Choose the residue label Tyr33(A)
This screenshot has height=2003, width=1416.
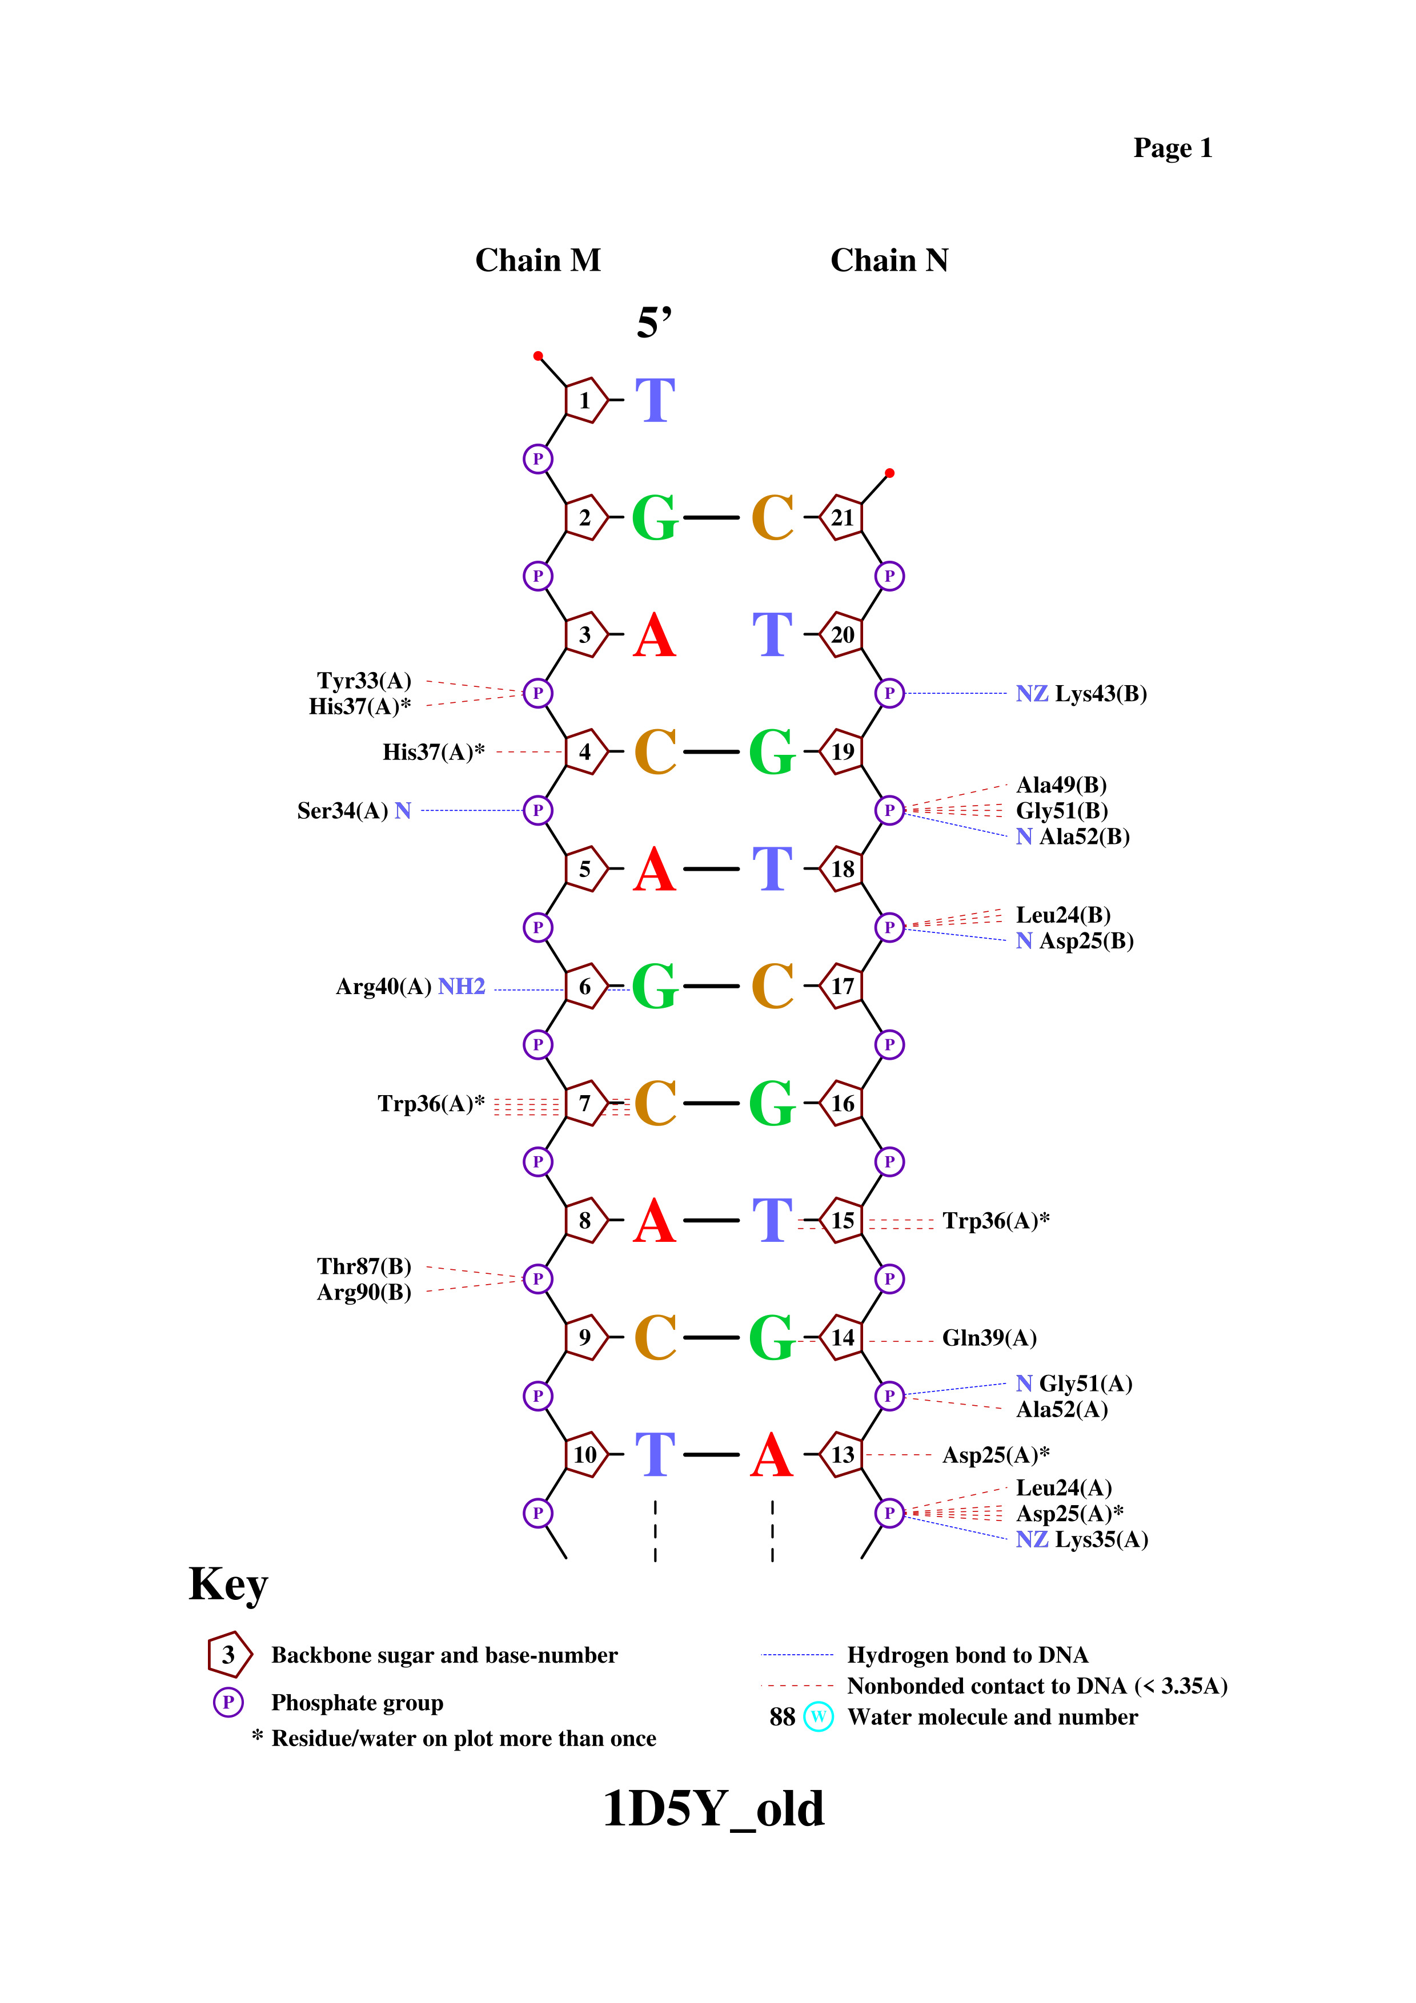coord(364,681)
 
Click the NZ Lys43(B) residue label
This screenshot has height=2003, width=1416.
coord(1081,694)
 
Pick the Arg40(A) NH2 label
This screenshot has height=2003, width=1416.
coord(410,987)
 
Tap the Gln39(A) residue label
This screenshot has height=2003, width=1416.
coord(989,1338)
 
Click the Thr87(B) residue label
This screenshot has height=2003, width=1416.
coord(364,1266)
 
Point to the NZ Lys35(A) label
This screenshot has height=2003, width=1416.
coord(1082,1540)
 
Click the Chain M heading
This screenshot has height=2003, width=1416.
coord(537,260)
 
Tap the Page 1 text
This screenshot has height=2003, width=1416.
coord(1173,148)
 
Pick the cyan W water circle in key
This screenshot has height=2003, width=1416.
coord(819,1717)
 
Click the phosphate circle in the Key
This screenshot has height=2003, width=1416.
coord(228,1702)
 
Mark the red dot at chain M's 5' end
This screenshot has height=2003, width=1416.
coord(538,356)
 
